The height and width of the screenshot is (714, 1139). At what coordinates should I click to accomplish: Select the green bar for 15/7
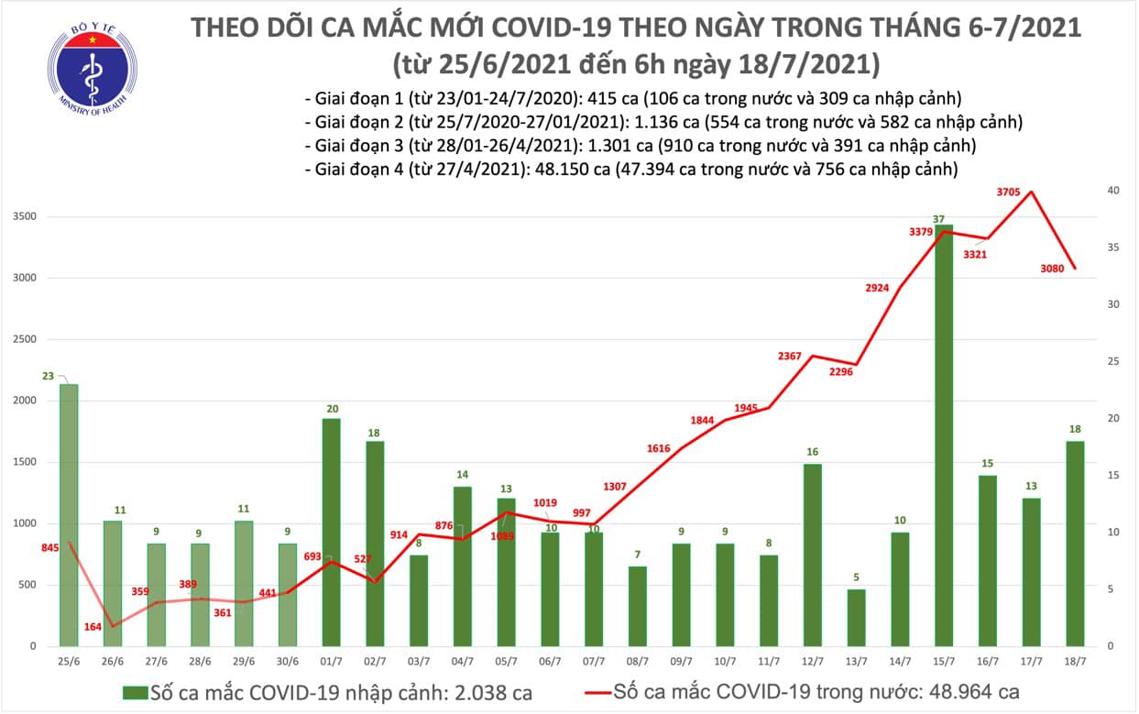[944, 435]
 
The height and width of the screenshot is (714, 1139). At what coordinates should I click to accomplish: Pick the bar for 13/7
[856, 618]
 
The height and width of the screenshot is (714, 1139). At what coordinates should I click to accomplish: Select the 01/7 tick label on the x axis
[332, 660]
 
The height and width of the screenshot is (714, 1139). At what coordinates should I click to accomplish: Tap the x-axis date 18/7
[1076, 660]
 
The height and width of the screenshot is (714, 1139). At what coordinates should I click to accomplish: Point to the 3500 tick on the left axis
[25, 217]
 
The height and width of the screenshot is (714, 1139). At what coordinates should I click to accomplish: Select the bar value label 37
[938, 218]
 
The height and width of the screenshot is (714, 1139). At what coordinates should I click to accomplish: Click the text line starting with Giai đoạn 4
[632, 169]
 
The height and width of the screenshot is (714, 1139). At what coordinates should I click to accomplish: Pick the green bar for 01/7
[332, 533]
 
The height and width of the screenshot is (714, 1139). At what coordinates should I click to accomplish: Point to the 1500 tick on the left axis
[25, 463]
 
